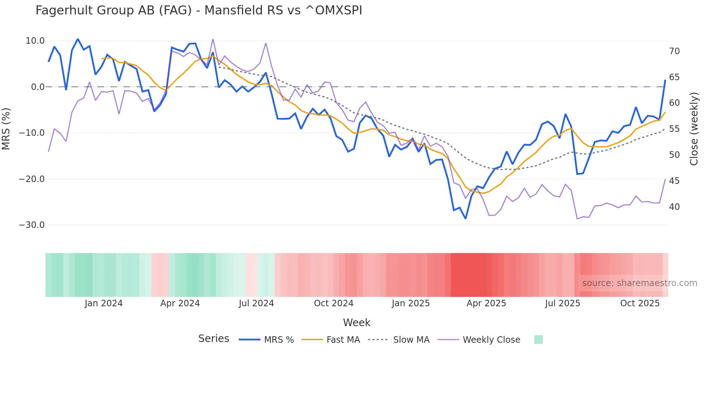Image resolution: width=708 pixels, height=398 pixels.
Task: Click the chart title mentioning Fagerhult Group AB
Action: pos(199,10)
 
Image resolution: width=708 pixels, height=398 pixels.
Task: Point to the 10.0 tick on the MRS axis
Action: pos(35,41)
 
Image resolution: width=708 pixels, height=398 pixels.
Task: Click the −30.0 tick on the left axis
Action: pos(32,225)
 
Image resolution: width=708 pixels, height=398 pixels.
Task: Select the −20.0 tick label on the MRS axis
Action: pos(32,179)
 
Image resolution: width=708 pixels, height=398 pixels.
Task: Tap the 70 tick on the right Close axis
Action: pos(674,51)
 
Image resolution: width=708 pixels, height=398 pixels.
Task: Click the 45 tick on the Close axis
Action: pos(674,181)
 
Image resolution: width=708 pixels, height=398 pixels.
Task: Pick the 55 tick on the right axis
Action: pos(674,129)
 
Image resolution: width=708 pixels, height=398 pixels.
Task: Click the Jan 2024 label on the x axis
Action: pos(104,303)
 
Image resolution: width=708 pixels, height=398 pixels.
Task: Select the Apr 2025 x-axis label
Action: pos(486,303)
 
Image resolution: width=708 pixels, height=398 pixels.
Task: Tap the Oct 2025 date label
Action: pos(640,303)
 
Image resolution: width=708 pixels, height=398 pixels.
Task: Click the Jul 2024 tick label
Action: pos(256,303)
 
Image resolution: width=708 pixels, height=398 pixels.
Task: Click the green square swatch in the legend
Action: pos(538,339)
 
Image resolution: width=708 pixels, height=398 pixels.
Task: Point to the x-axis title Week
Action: pos(357,323)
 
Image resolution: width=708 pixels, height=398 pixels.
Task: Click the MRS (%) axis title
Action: pos(6,129)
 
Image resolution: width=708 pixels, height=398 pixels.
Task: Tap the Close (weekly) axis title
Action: pos(694,129)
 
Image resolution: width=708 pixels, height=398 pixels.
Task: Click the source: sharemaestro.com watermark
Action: pos(639,283)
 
